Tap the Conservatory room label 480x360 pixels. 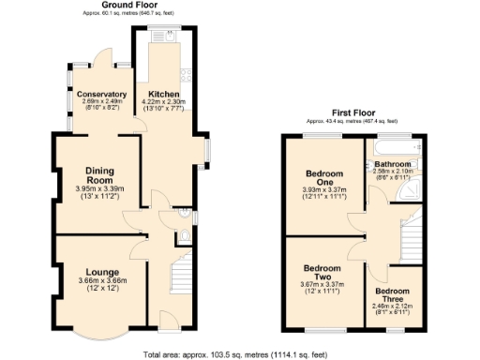101,95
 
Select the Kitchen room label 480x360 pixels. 164,95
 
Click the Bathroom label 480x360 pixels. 393,164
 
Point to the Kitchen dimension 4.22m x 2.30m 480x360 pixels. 164,102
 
